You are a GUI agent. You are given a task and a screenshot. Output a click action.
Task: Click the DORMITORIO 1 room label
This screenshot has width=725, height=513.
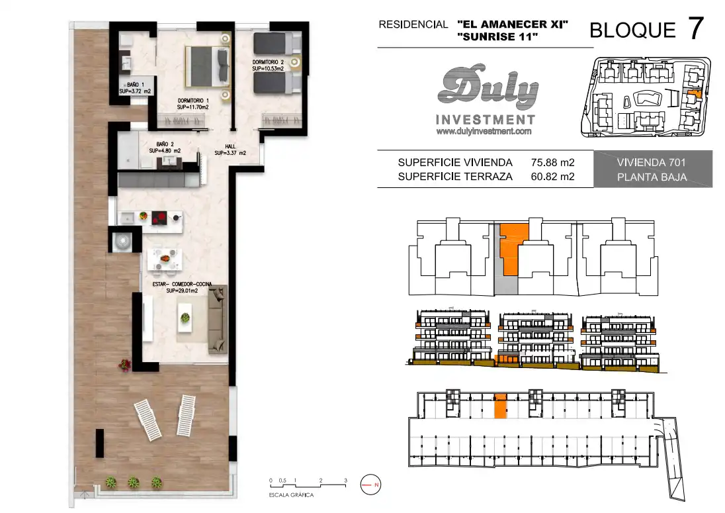tap(192, 104)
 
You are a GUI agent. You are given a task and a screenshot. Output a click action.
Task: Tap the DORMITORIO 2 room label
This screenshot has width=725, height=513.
tap(268, 66)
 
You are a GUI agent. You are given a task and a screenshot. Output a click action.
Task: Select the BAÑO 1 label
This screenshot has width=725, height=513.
tap(135, 88)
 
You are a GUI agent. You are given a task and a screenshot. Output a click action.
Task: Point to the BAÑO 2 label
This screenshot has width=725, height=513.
tap(165, 148)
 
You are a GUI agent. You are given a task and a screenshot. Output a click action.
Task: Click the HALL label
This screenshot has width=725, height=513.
tap(230, 150)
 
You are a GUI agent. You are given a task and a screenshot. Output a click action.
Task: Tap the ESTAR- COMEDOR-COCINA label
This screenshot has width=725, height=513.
tap(182, 287)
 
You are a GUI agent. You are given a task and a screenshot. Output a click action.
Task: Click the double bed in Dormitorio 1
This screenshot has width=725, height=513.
tap(208, 66)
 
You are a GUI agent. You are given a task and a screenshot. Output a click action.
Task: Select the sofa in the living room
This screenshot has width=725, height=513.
tap(218, 319)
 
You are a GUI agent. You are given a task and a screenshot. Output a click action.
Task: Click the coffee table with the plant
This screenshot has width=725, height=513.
tap(185, 318)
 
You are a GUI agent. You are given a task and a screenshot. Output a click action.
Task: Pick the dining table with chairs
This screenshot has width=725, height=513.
tap(165, 259)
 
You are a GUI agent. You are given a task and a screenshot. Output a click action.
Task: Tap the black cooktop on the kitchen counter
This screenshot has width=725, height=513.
tap(159, 216)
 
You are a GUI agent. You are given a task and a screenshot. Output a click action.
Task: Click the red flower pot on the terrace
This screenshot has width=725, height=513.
tap(124, 365)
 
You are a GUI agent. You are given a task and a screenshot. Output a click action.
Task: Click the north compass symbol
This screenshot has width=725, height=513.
tap(370, 485)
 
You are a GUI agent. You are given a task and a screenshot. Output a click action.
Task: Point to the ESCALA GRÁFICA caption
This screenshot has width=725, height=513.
tap(291, 495)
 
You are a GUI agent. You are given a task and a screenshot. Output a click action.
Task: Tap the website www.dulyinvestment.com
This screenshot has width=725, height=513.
tap(484, 131)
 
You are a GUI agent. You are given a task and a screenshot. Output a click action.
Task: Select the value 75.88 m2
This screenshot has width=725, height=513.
tap(552, 162)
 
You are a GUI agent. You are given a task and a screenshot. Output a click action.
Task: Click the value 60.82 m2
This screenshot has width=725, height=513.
tap(552, 176)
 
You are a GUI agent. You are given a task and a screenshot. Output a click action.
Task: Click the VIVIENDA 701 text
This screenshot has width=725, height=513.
tap(651, 162)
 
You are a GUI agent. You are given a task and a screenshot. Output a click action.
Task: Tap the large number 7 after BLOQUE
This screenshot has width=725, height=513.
tap(696, 28)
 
